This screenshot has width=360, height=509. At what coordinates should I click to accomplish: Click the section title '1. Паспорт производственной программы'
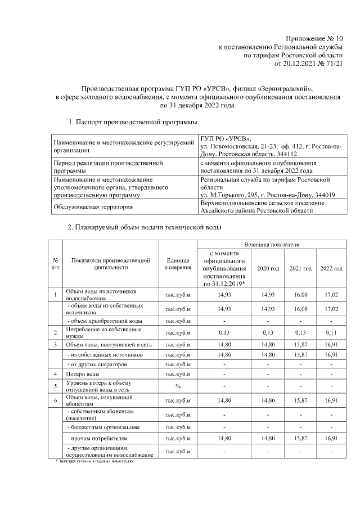132,121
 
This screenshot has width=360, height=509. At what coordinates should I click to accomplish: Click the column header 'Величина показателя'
271,245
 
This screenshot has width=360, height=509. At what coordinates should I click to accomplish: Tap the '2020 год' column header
268,268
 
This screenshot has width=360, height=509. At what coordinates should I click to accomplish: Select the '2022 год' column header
331,268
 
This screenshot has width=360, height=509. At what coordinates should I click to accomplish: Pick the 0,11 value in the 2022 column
331,332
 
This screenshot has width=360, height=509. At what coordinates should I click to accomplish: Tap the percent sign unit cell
178,386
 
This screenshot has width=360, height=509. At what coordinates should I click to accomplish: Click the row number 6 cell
55,400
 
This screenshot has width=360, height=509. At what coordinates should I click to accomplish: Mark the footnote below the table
96,460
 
